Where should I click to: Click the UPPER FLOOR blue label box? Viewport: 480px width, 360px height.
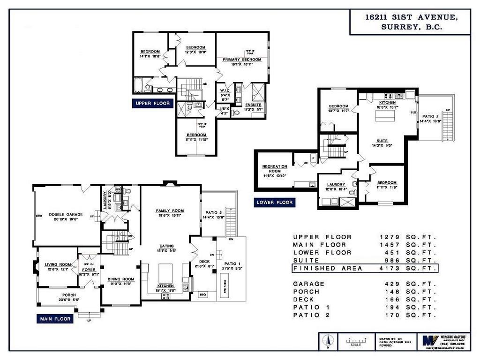click(153, 103)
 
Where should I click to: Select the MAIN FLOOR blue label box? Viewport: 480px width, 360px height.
click(55, 319)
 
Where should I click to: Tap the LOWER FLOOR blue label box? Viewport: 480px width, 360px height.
click(275, 202)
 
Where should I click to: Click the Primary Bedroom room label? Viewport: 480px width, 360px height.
click(242, 60)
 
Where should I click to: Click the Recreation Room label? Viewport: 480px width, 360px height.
click(275, 169)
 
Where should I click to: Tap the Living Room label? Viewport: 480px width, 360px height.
click(58, 265)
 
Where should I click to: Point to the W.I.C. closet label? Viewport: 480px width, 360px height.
click(225, 91)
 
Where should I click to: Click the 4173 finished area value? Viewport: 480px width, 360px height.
click(391, 268)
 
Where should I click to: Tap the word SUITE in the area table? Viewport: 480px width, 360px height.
click(306, 260)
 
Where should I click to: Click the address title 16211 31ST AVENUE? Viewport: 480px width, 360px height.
click(411, 17)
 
